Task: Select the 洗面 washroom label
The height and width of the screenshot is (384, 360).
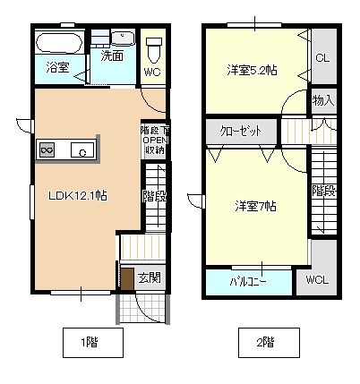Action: pyautogui.click(x=112, y=55)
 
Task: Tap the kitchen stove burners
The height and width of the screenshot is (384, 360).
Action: pyautogui.click(x=47, y=149)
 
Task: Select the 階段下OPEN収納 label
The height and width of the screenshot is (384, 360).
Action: pyautogui.click(x=153, y=140)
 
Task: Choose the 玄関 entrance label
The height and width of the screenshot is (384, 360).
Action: pyautogui.click(x=150, y=277)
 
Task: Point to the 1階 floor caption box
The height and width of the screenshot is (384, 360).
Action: pyautogui.click(x=88, y=342)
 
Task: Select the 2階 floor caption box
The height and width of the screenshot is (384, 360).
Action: pyautogui.click(x=262, y=342)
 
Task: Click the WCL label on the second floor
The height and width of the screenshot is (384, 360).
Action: pyautogui.click(x=317, y=280)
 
